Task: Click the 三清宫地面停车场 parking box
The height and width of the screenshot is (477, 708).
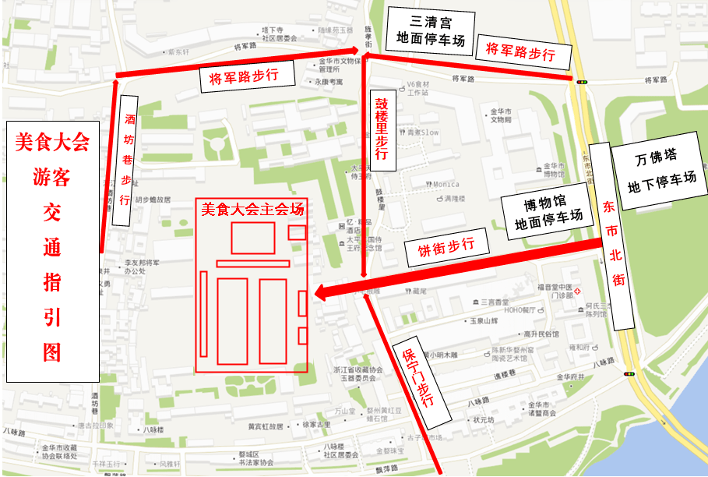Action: click(430, 30)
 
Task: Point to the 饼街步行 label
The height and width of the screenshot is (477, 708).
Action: click(446, 249)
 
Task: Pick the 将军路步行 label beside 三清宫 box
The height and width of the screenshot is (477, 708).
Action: click(520, 52)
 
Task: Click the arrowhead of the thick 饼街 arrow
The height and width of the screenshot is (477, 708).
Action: click(320, 293)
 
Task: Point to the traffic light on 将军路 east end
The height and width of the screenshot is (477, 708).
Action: click(581, 80)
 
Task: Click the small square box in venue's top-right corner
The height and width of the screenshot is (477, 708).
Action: click(297, 232)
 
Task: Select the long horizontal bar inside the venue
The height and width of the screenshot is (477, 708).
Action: click(252, 263)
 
